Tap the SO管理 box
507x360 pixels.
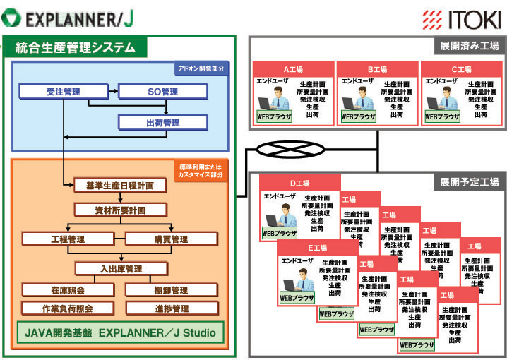click(162, 91)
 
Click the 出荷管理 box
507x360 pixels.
click(162, 123)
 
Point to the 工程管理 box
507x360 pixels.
click(68, 239)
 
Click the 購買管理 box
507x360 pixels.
click(171, 239)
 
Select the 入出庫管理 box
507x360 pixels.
click(119, 268)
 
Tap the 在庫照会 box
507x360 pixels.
click(68, 289)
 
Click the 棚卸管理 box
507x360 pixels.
click(171, 289)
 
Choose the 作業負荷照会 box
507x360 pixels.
click(68, 308)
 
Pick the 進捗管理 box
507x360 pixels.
click(171, 308)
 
